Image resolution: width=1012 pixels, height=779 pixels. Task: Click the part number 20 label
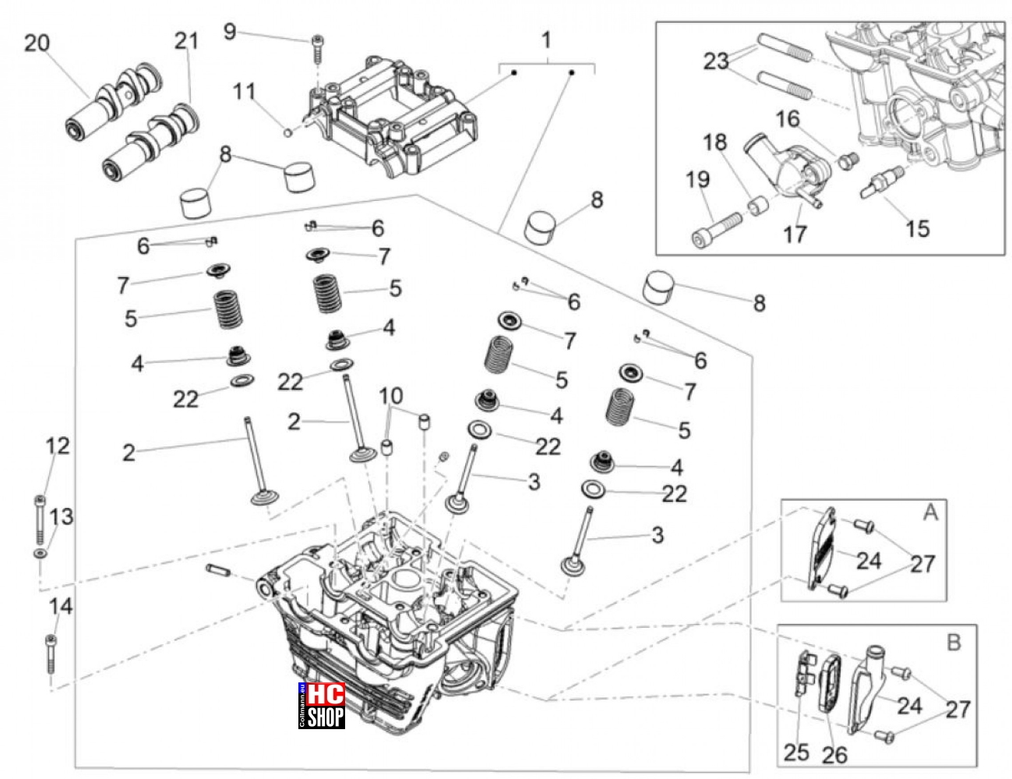coord(37,44)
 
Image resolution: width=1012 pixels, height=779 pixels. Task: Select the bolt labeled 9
coord(317,48)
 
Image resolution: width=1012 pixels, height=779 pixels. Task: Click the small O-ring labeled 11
coord(287,132)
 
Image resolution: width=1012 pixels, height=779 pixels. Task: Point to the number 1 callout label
coord(547,40)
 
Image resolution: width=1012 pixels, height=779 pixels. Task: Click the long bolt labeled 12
coord(40,520)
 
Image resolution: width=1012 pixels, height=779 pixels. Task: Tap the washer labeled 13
coord(40,554)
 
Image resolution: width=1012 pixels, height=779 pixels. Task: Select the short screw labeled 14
coord(51,654)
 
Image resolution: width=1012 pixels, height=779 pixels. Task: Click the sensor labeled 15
coord(882,182)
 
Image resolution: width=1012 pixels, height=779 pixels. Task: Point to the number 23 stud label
coord(716,61)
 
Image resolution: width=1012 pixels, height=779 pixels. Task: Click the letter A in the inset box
coord(930,513)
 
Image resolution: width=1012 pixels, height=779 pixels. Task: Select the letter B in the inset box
coord(954,643)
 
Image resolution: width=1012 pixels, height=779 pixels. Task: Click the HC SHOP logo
coord(321,706)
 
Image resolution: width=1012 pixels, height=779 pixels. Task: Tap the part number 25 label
coord(796,753)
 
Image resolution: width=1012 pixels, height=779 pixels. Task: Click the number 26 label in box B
coord(834,756)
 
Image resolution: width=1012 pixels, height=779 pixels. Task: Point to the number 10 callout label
coord(391,397)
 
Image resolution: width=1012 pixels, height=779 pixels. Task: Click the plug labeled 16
coord(848,160)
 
